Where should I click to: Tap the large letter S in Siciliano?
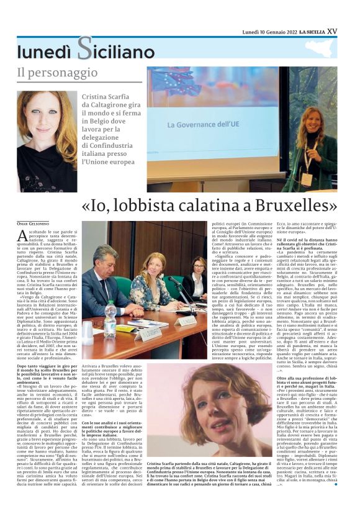pos(85,48)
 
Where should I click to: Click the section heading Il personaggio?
pos(57,73)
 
